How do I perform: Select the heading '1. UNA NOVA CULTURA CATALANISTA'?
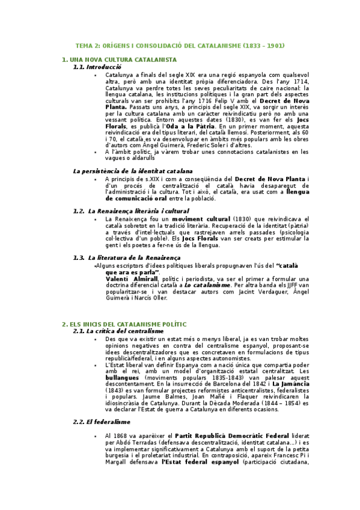pyautogui.click(x=120, y=60)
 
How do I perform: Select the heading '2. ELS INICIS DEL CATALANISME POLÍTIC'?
pyautogui.click(x=124, y=324)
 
